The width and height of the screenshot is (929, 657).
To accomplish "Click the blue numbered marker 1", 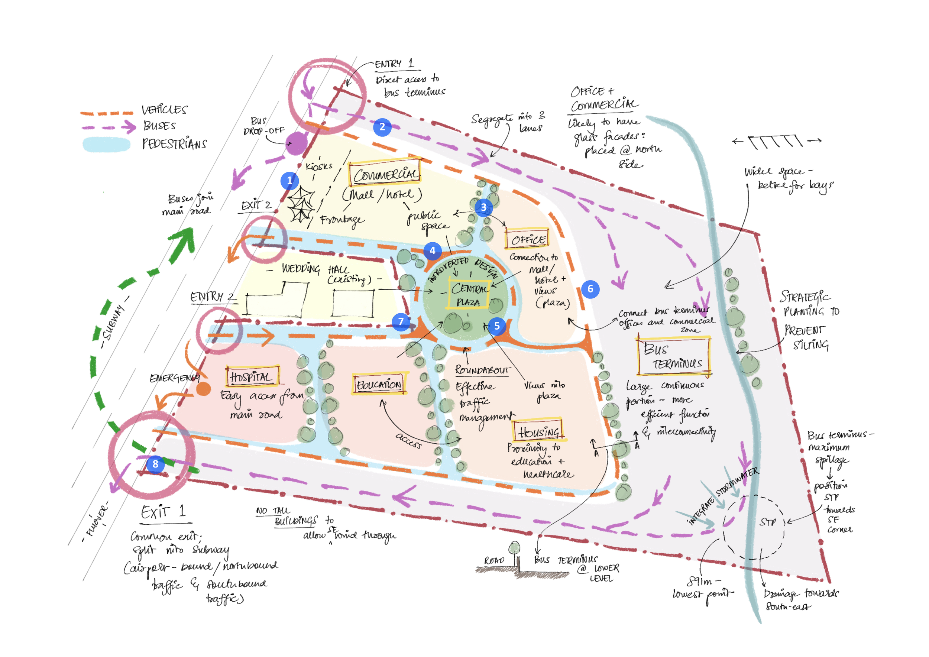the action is click(x=289, y=181).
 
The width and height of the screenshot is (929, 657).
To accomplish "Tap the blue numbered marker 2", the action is click(x=382, y=127).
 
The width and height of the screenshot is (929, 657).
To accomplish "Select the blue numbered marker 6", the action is click(x=590, y=289).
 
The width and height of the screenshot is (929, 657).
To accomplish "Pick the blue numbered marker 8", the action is click(x=155, y=464).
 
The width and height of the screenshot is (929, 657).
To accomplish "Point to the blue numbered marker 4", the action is click(x=432, y=251).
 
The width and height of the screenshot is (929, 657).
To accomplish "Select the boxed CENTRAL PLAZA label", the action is click(x=469, y=295).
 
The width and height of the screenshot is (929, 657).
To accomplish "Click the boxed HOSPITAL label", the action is click(x=252, y=377).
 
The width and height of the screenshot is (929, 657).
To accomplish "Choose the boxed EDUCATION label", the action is click(x=379, y=384).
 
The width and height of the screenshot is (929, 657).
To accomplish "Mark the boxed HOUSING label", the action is click(x=538, y=431).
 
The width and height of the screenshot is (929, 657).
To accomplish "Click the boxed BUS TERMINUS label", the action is click(x=674, y=356).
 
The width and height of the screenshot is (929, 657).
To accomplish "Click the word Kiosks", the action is click(x=319, y=166).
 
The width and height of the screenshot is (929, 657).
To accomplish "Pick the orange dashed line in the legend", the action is click(x=106, y=114).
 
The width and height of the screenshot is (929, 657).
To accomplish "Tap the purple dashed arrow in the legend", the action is click(x=109, y=127).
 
